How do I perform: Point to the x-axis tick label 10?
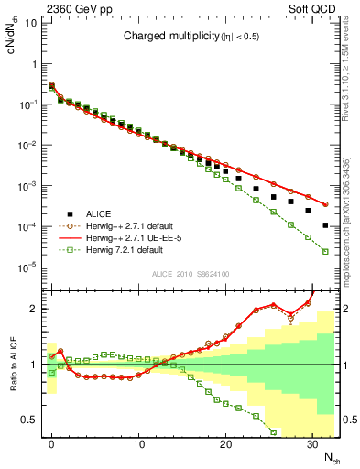coord(138,442)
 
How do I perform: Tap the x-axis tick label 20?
coord(225,442)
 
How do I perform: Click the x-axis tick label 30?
coord(312,442)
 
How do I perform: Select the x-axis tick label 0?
coord(51,442)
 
